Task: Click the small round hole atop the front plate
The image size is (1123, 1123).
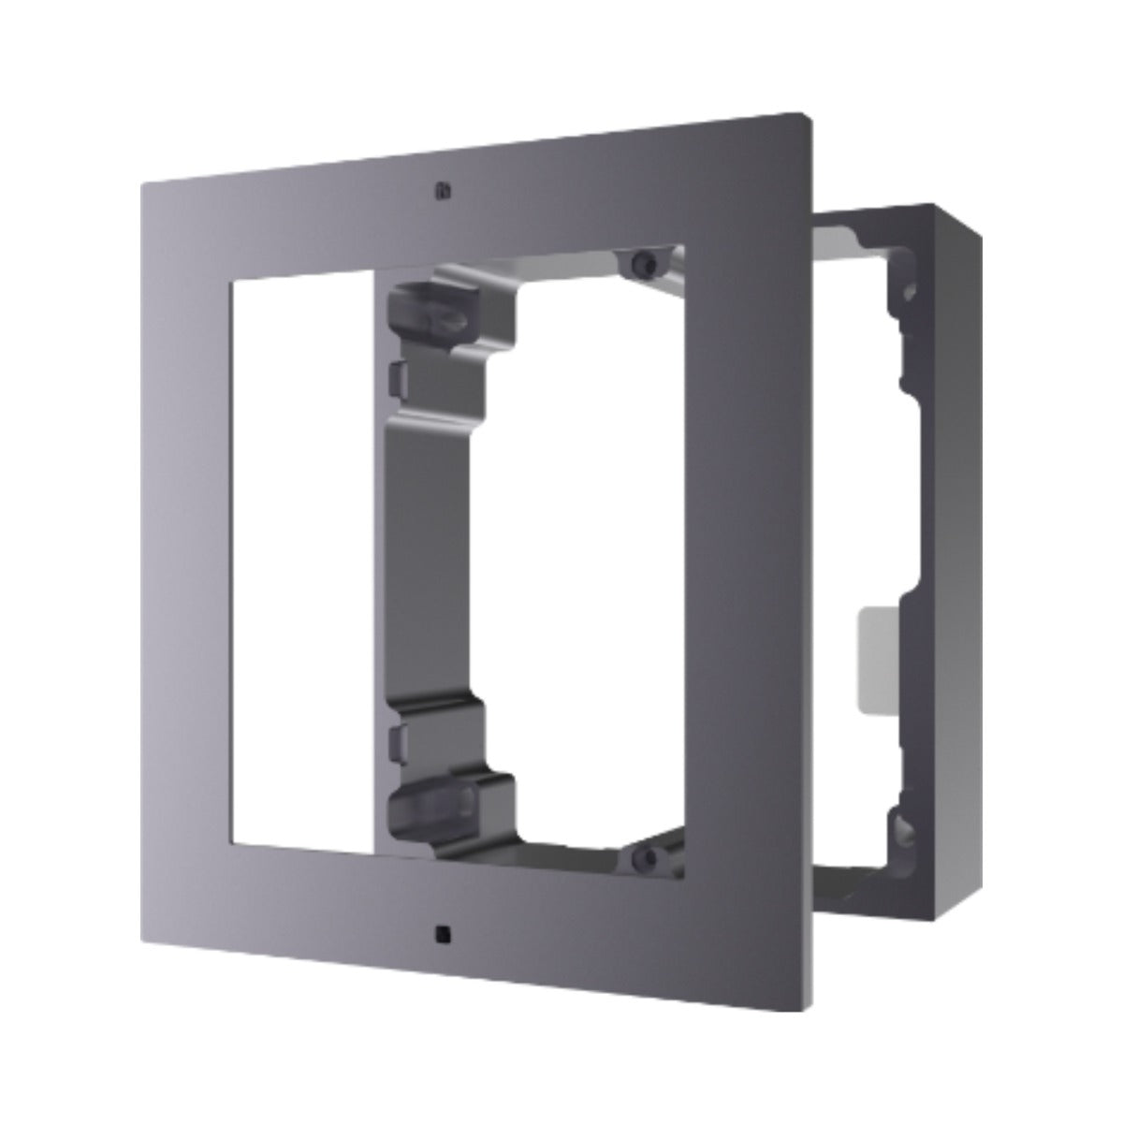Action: [440, 190]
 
